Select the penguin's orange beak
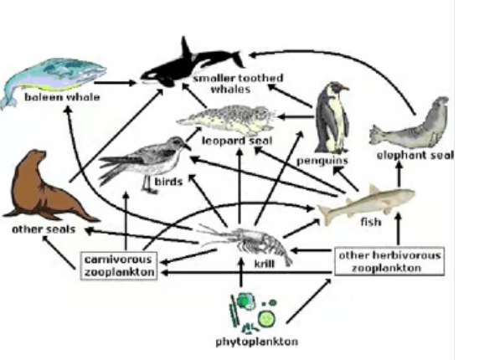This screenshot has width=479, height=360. coord(345,89)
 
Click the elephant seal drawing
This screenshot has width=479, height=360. coord(409,124)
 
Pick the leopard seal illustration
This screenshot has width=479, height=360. coord(227,120)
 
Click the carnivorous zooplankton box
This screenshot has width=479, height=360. coord(119,265)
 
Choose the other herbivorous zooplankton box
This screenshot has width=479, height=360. coord(389,261)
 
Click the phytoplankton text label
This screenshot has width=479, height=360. coord(257,342)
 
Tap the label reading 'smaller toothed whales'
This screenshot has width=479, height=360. coord(239,84)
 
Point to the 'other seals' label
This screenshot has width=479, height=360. coord(44,229)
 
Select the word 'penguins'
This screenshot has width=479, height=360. coord(322,161)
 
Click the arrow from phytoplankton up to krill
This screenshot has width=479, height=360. coord(241,272)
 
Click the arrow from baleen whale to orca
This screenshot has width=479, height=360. coord(116,82)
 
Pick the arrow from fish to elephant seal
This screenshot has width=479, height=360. coord(399,173)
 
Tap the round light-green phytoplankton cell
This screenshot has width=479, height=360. coord(266,318)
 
